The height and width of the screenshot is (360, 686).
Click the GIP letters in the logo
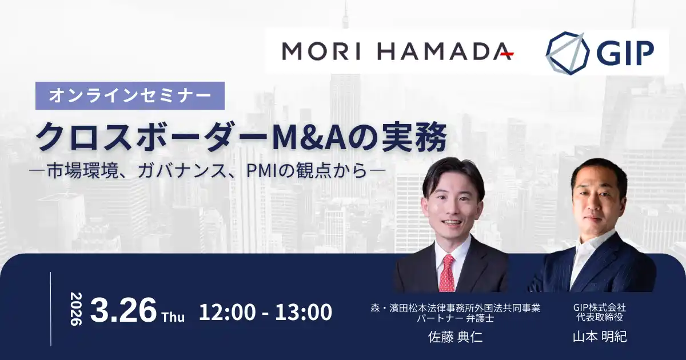(627, 54)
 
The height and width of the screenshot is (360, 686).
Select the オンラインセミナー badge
(130, 95)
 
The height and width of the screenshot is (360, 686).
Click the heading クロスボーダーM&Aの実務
(240, 135)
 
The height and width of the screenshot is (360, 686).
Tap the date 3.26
(123, 310)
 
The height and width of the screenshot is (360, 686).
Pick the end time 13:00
(304, 312)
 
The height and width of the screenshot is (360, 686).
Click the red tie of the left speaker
(447, 273)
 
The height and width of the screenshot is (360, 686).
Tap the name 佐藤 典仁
(456, 337)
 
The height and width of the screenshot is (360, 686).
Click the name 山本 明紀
(600, 337)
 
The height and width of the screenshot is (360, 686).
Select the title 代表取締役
(600, 318)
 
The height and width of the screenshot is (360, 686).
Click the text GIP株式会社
(600, 307)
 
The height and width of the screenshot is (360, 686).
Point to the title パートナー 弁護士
(456, 318)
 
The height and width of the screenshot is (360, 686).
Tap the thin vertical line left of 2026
(51, 309)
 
